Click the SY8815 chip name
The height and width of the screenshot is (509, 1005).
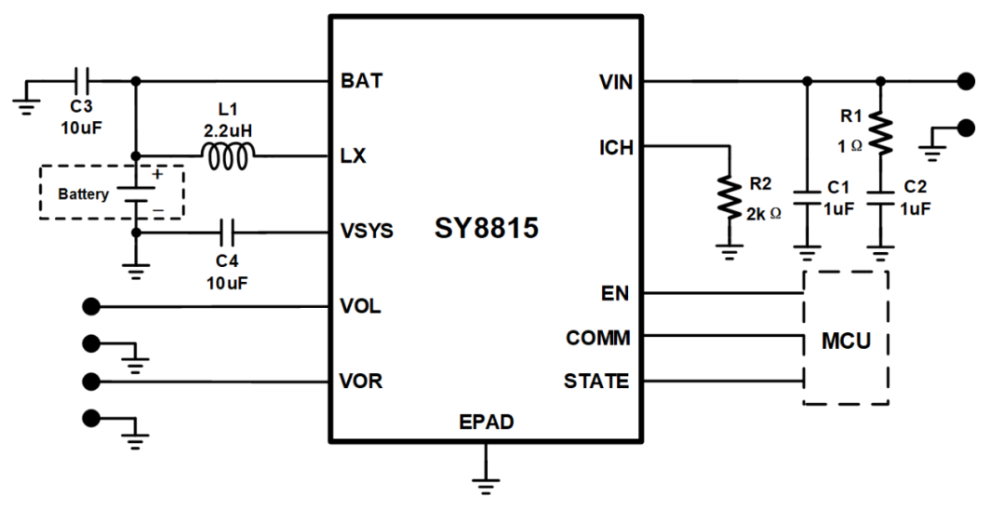[x=486, y=228]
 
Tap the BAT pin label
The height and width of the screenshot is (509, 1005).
[x=362, y=81]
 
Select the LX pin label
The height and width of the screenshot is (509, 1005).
[x=354, y=156]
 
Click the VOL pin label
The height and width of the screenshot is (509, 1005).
[x=361, y=306]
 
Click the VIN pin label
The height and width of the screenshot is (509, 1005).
[x=616, y=82]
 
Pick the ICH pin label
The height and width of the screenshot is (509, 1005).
[x=617, y=147]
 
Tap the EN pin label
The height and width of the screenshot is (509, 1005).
[x=616, y=294]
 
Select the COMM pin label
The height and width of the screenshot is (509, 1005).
[x=597, y=338]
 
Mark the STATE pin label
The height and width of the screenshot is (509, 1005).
[x=596, y=382]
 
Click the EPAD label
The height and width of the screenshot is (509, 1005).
[x=486, y=422]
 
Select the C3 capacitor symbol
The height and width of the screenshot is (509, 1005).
[x=81, y=81]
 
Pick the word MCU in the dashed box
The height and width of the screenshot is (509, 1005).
[x=846, y=340]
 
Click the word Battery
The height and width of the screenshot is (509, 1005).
[x=83, y=194]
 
